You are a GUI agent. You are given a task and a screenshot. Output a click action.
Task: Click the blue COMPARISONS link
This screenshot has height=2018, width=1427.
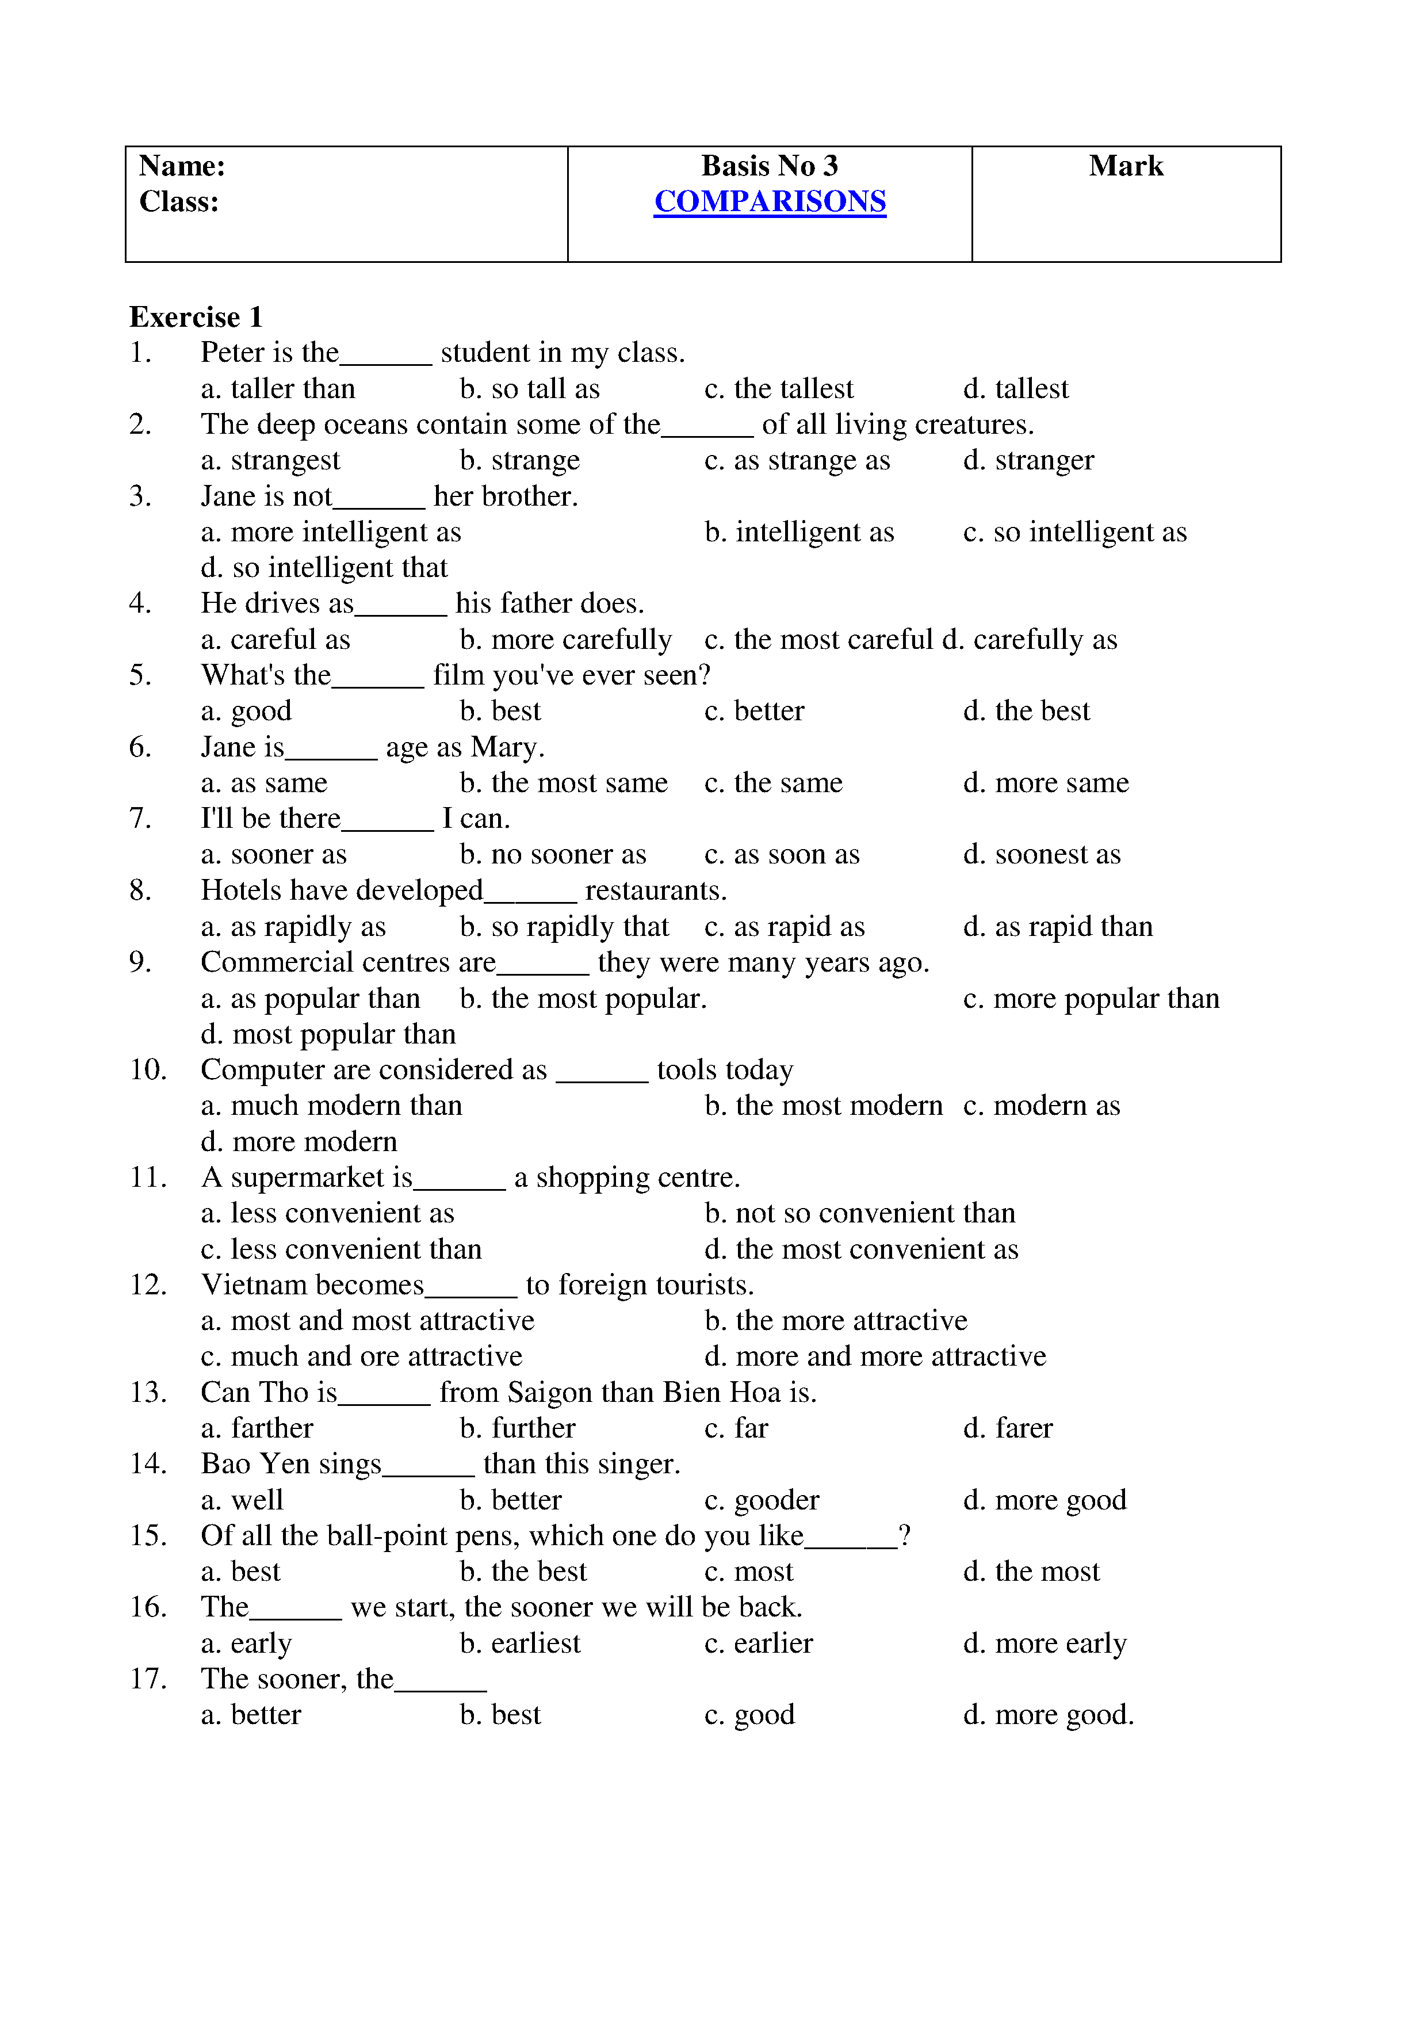770,202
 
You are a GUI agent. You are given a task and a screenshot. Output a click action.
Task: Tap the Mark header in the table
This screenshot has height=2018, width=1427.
1126,166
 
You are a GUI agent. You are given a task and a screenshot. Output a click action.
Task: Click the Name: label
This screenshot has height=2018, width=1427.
182,166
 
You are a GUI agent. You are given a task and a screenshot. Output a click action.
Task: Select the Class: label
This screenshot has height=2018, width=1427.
178,202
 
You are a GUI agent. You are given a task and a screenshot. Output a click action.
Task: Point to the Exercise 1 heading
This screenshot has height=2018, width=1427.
195,318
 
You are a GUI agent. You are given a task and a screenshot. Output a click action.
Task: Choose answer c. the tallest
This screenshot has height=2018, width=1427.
779,388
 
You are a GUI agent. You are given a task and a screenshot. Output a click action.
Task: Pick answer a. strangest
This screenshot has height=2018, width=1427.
270,461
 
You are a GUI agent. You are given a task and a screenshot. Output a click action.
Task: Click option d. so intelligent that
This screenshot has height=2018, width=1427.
324,568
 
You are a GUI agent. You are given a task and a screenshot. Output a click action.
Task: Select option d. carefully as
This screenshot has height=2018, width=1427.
1030,640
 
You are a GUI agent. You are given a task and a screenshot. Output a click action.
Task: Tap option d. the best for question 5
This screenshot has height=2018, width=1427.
1026,711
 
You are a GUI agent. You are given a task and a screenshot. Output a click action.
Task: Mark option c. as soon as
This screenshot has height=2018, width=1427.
782,854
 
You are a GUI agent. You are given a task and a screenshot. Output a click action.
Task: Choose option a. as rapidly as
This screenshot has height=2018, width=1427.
293,927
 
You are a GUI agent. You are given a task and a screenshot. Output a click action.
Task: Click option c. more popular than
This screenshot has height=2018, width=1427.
1091,999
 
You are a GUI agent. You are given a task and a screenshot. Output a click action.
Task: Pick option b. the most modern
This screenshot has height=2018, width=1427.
823,1106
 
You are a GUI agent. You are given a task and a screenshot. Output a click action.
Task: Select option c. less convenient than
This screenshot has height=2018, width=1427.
341,1249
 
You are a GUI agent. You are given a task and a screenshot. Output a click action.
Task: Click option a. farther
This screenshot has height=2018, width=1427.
257,1428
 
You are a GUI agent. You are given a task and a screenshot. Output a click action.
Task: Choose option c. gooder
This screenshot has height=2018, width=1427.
762,1500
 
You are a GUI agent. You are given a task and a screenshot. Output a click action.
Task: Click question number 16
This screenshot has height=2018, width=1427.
148,1607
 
